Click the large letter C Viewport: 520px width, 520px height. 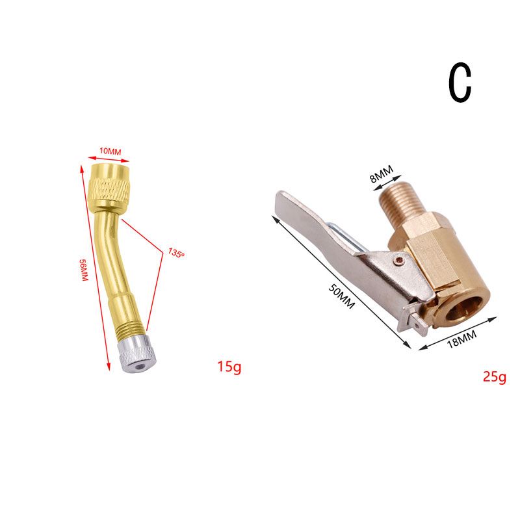[460, 82]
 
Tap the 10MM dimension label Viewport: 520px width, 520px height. [110, 151]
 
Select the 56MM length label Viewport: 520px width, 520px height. [84, 270]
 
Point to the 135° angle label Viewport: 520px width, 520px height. [175, 253]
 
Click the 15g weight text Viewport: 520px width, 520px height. [229, 367]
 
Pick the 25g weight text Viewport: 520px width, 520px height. [495, 377]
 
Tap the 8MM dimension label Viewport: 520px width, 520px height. [382, 174]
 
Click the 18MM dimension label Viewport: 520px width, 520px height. [461, 339]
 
